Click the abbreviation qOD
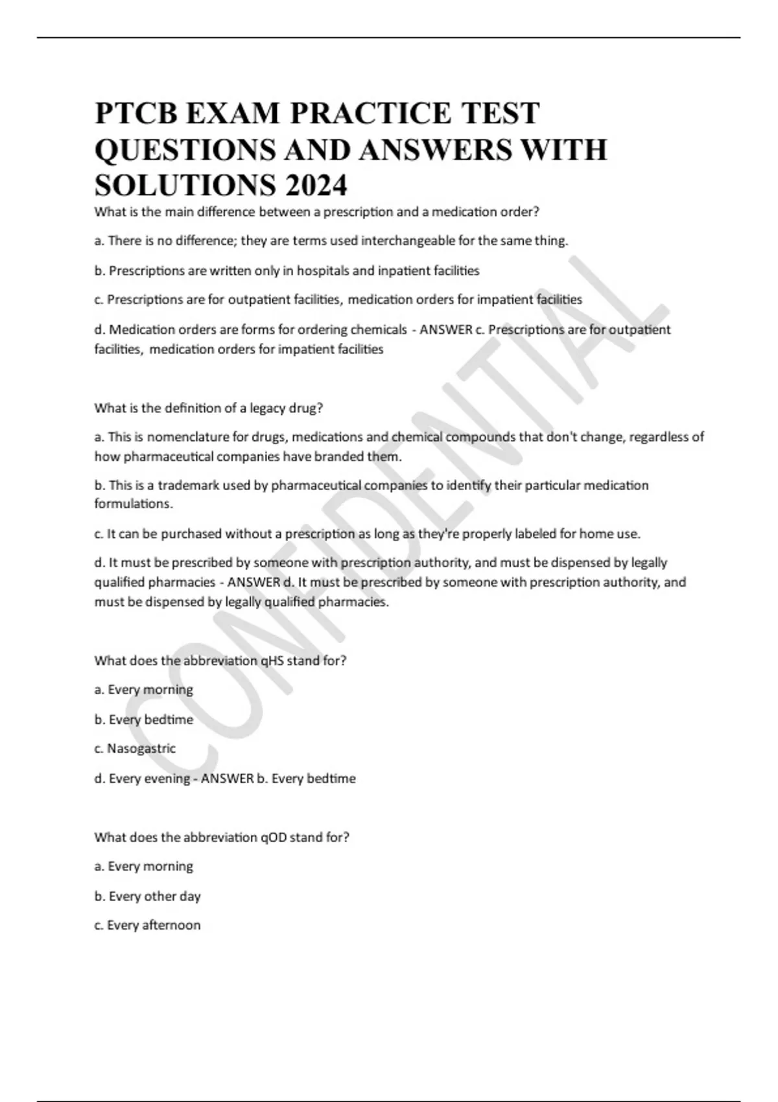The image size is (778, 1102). pyautogui.click(x=273, y=838)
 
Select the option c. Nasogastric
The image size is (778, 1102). pyautogui.click(x=135, y=749)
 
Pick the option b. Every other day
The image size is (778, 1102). pyautogui.click(x=148, y=897)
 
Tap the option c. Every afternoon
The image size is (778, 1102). pyautogui.click(x=147, y=925)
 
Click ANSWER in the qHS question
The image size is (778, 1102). pyautogui.click(x=227, y=779)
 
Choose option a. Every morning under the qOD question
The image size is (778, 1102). pyautogui.click(x=144, y=867)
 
